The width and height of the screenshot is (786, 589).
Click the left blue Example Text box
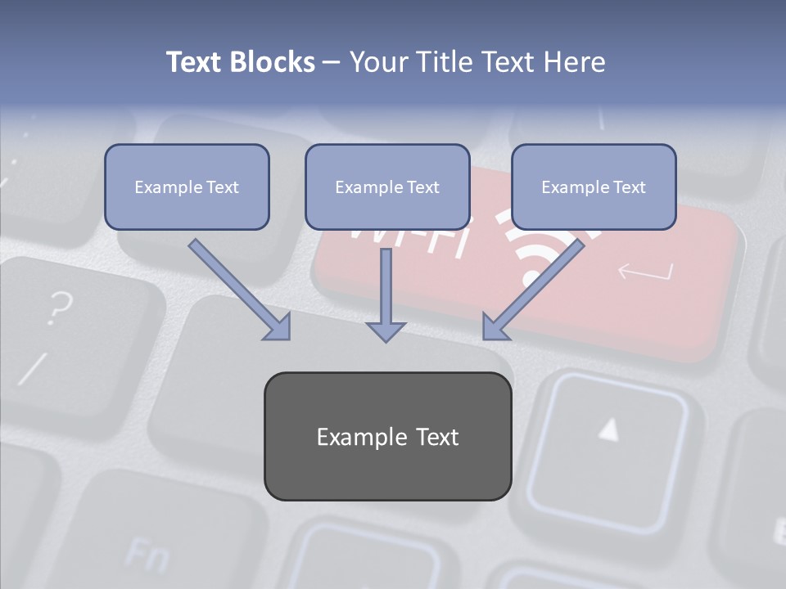click(x=187, y=187)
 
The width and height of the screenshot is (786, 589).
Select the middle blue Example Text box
click(x=387, y=187)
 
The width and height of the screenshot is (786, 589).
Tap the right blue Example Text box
click(x=594, y=187)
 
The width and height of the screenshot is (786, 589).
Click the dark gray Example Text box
click(x=387, y=436)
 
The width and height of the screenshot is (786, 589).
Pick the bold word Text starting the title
click(x=195, y=62)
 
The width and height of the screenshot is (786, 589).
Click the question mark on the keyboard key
click(x=58, y=308)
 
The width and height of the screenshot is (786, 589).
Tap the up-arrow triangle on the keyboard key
click(x=608, y=429)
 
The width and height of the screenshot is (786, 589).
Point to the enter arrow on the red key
click(x=646, y=271)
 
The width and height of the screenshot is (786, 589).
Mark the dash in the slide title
click(x=332, y=63)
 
